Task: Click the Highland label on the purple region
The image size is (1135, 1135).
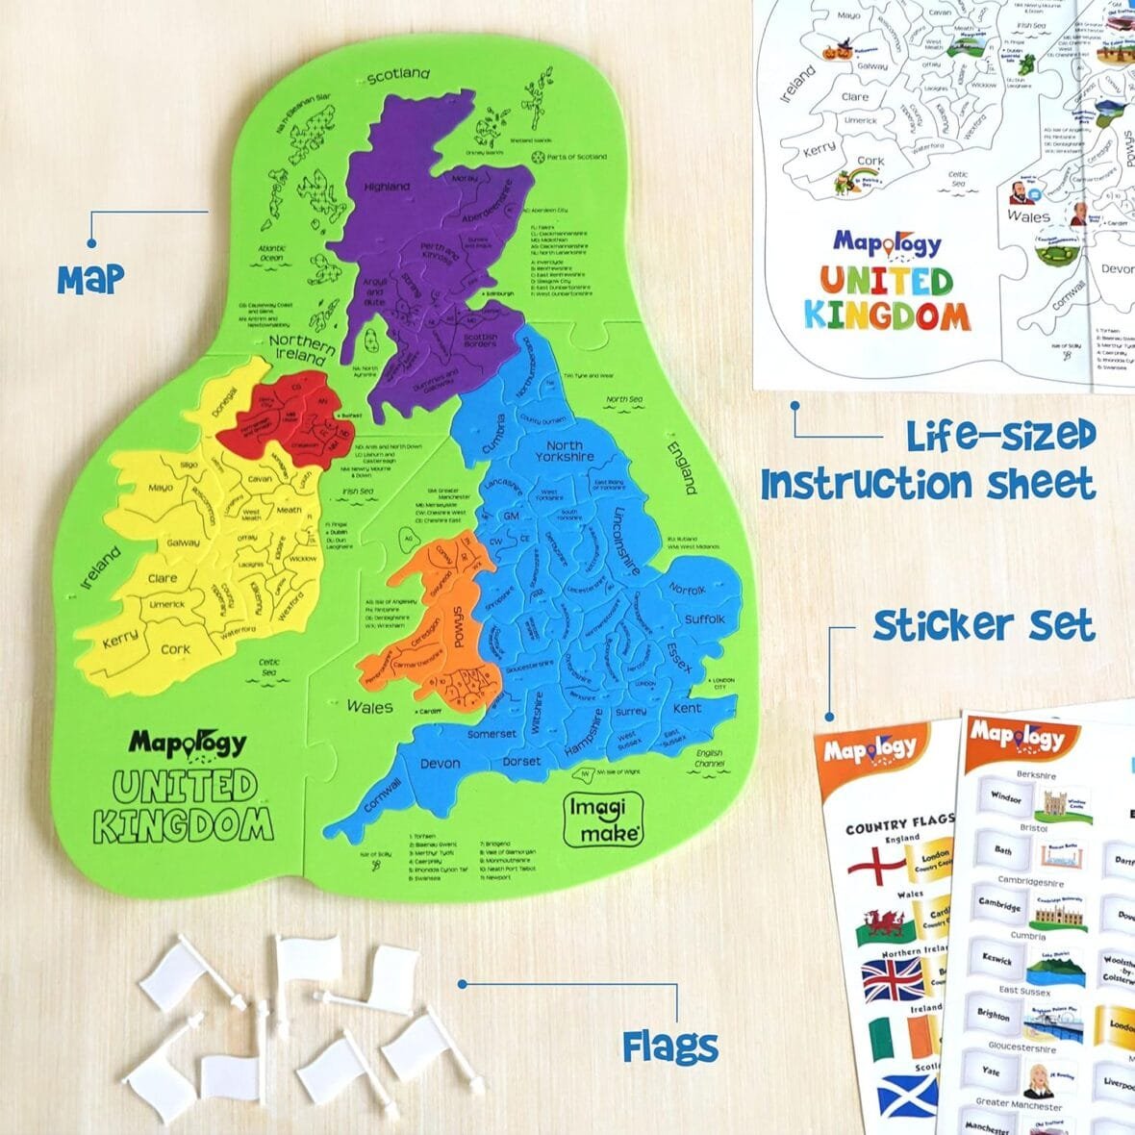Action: coord(386,187)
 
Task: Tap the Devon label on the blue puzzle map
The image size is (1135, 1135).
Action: coord(441,764)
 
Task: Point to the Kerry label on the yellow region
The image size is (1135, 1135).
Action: coord(120,638)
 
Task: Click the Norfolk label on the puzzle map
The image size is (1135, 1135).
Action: coord(687,589)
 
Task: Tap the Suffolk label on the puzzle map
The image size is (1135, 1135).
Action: coord(704,618)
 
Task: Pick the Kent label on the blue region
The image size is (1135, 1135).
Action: coord(687,709)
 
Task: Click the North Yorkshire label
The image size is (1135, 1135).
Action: coord(565,451)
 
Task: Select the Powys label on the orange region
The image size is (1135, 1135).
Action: coord(459,629)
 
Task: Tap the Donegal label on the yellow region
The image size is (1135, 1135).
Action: coord(223,404)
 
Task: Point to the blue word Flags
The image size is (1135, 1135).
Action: coord(669,1047)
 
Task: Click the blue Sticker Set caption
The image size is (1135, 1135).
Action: coord(983,626)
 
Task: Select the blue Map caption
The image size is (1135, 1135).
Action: coord(90,278)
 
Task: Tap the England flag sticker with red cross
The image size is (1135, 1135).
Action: coord(875,865)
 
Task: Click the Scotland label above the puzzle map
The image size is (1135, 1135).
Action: coord(398,74)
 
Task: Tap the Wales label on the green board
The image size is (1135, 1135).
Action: coord(369,707)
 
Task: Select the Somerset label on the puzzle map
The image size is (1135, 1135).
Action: coord(492,734)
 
